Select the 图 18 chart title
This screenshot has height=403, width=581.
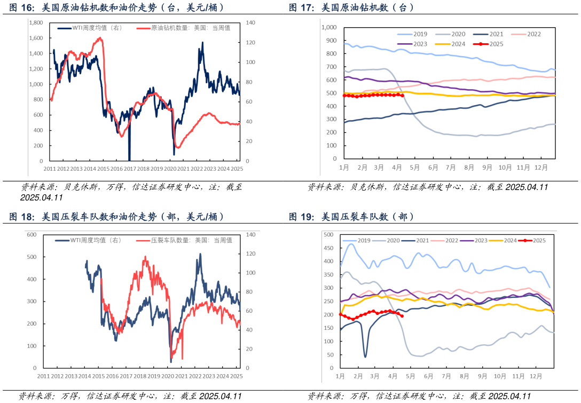tap(117, 217)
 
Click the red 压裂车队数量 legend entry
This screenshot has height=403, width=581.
tap(184, 240)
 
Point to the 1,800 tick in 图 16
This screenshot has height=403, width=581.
tap(36, 23)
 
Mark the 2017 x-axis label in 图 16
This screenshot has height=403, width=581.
tap(130, 169)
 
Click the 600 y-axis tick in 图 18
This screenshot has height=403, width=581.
tap(31, 235)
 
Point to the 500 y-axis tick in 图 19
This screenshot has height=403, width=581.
tap(328, 235)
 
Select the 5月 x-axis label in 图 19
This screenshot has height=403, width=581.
tap(411, 376)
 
